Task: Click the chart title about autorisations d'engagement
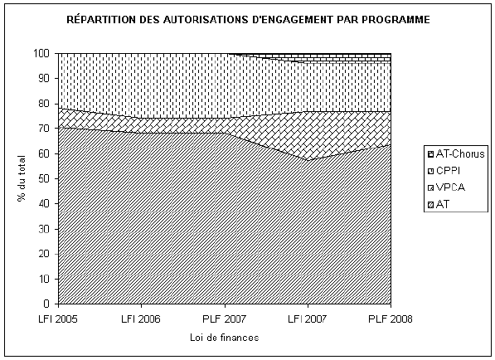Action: pyautogui.click(x=248, y=19)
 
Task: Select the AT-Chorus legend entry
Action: pyautogui.click(x=456, y=154)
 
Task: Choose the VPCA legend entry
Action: pyautogui.click(x=447, y=187)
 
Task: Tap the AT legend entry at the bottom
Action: pyautogui.click(x=439, y=204)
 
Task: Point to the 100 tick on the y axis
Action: pyautogui.click(x=41, y=53)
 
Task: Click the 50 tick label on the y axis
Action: pyautogui.click(x=44, y=178)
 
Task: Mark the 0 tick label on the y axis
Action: pyautogui.click(x=47, y=304)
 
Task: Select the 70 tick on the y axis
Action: pyautogui.click(x=44, y=129)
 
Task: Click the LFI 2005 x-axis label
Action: pyautogui.click(x=58, y=319)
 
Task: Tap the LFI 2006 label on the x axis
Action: pyautogui.click(x=141, y=319)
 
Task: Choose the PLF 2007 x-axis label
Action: pyautogui.click(x=225, y=319)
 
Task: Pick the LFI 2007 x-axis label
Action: pyautogui.click(x=308, y=319)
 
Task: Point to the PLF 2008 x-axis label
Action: pyautogui.click(x=391, y=319)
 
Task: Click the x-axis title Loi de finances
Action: pyautogui.click(x=225, y=338)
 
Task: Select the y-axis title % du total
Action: pyautogui.click(x=22, y=178)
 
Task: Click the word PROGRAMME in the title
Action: pyautogui.click(x=396, y=20)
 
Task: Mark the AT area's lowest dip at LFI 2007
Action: pyautogui.click(x=308, y=160)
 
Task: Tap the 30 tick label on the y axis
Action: pyautogui.click(x=44, y=229)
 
